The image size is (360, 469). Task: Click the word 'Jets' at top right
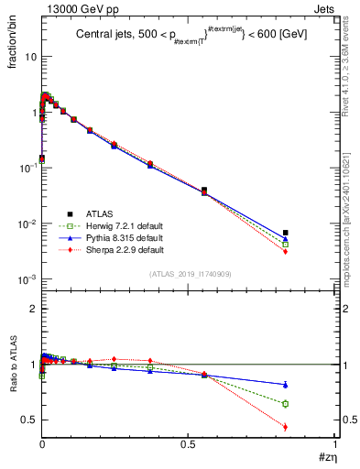pyautogui.click(x=322, y=8)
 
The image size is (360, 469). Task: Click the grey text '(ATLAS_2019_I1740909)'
pyautogui.click(x=190, y=274)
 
